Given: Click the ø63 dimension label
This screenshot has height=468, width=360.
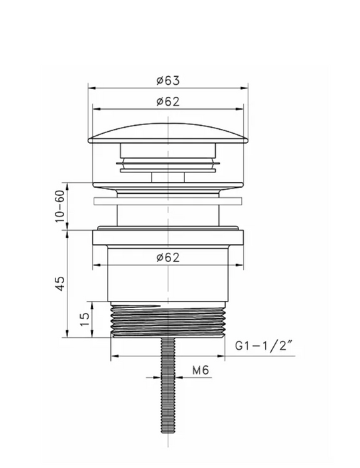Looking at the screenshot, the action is tap(168, 80).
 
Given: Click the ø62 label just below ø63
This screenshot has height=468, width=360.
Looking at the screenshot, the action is tap(168, 102).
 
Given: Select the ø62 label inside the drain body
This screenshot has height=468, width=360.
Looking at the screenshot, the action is tap(168, 257).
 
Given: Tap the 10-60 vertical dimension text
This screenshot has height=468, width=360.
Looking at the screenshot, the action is tap(60, 206).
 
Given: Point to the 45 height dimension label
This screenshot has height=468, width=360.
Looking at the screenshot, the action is tap(60, 283).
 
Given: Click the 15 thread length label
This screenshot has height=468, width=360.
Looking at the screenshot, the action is tap(85, 320).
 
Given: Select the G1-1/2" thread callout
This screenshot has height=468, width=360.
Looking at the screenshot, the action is tap(263, 346).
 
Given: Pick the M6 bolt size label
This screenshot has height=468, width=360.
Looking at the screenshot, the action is tap(200, 370).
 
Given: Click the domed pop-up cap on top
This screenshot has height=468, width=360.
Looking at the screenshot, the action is tap(168, 134).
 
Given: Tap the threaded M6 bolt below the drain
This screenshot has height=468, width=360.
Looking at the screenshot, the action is tap(168, 386).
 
